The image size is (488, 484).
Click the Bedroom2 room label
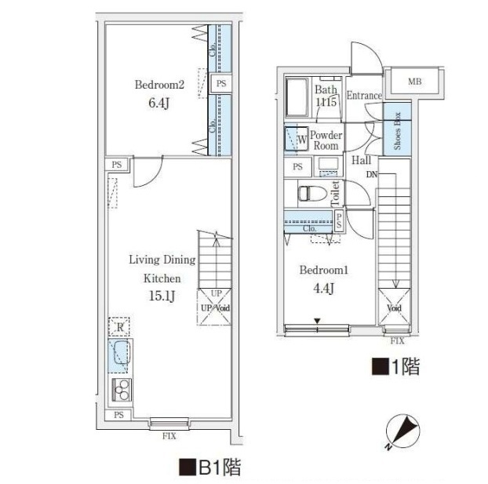(159, 85)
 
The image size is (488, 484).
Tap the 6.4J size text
(158, 103)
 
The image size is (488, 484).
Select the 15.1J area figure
(162, 296)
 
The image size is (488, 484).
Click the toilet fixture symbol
(312, 194)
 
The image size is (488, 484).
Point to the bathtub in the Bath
(297, 97)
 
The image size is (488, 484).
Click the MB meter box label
(414, 82)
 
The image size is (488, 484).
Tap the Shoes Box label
(397, 131)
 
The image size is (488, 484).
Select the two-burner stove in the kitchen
(121, 390)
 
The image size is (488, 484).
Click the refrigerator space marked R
(119, 327)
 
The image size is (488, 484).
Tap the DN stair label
(372, 174)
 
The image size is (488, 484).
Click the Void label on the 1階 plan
(394, 308)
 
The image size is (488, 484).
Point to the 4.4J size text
(324, 289)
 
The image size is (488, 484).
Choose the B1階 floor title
(209, 467)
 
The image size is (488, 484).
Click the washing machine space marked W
(302, 140)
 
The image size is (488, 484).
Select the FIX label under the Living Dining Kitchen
(169, 436)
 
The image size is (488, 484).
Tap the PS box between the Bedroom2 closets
(221, 83)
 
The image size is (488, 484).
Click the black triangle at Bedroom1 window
(317, 321)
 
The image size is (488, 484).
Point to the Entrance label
(364, 95)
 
